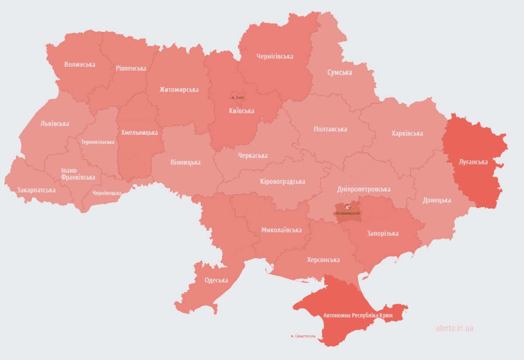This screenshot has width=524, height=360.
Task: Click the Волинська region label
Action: tap(79, 65)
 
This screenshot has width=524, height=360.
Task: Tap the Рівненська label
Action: tap(131, 69)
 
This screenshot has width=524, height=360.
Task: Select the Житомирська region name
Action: tap(179, 90)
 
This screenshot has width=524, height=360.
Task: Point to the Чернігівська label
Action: tap(275, 57)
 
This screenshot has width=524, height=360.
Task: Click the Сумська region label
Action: tap(339, 72)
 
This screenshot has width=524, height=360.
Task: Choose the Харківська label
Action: tap(407, 134)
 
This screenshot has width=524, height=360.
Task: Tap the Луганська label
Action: tap(473, 162)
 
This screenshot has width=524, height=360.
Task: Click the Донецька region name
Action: tap(437, 200)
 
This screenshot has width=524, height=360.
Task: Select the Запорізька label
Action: tap(383, 233)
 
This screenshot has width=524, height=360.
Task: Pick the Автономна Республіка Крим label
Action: tap(358, 315)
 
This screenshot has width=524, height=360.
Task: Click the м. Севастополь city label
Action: tap(305, 336)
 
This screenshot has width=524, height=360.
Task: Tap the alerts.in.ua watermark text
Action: tap(454, 328)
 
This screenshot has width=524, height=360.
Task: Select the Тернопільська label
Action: tap(98, 142)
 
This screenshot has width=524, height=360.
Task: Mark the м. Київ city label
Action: tap(238, 97)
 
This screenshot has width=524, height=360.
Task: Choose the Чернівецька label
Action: tap(107, 193)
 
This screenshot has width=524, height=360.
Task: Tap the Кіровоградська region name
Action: tap(282, 182)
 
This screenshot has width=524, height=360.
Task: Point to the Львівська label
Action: tap(55, 124)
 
